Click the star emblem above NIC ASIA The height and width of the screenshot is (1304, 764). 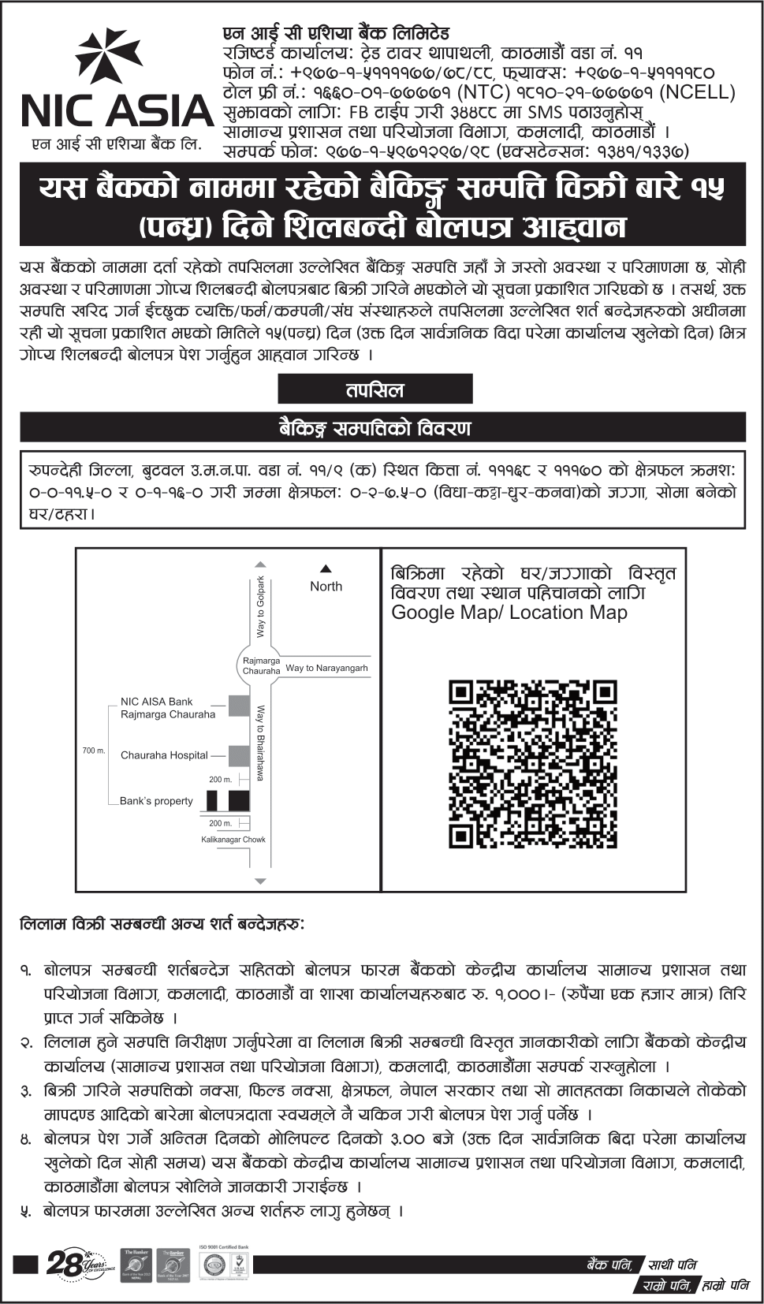pyautogui.click(x=109, y=58)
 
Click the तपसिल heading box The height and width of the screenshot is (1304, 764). pyautogui.click(x=375, y=389)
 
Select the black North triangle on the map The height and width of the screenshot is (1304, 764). pyautogui.click(x=326, y=568)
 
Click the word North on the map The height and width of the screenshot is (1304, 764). pyautogui.click(x=326, y=586)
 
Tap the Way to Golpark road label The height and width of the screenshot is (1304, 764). pyautogui.click(x=261, y=607)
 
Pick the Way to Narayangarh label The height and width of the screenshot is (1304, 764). pyautogui.click(x=326, y=668)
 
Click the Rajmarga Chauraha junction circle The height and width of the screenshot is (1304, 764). pyautogui.click(x=261, y=665)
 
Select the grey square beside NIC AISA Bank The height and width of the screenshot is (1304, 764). pyautogui.click(x=239, y=706)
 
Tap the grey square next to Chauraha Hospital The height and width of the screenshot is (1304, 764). pyautogui.click(x=239, y=755)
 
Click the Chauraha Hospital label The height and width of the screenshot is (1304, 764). pyautogui.click(x=164, y=755)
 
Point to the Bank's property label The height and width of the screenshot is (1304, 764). pyautogui.click(x=156, y=801)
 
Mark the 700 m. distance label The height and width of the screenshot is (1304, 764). pyautogui.click(x=94, y=751)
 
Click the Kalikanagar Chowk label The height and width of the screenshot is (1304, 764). pyautogui.click(x=233, y=840)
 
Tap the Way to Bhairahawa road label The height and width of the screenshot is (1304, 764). pyautogui.click(x=261, y=743)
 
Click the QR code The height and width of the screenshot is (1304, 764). pyautogui.click(x=532, y=764)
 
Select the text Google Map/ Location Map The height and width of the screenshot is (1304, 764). pyautogui.click(x=509, y=613)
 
